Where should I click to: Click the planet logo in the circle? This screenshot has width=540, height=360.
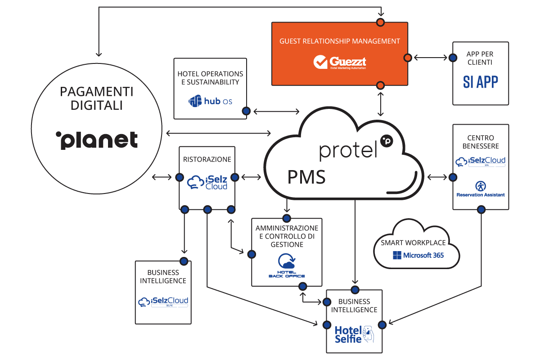pyautogui.click(x=97, y=140)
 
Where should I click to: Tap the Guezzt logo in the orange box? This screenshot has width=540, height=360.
pyautogui.click(x=340, y=62)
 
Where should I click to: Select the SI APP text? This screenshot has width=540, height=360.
pyautogui.click(x=481, y=81)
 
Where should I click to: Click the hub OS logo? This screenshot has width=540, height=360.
pyautogui.click(x=211, y=101)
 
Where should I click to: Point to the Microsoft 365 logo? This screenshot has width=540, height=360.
pyautogui.click(x=418, y=255)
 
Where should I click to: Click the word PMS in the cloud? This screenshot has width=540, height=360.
pyautogui.click(x=306, y=178)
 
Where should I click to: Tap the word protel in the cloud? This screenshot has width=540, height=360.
pyautogui.click(x=348, y=151)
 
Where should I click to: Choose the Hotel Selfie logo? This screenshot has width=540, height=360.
pyautogui.click(x=354, y=334)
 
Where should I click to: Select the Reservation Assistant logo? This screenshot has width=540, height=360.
pyautogui.click(x=481, y=189)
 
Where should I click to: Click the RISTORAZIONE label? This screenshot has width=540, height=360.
pyautogui.click(x=207, y=159)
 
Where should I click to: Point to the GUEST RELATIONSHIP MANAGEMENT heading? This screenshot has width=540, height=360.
pyautogui.click(x=340, y=41)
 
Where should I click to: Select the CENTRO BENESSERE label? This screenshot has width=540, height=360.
pyautogui.click(x=481, y=142)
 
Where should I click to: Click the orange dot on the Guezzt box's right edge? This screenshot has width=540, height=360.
pyautogui.click(x=407, y=58)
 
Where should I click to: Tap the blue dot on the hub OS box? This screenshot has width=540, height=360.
pyautogui.click(x=246, y=111)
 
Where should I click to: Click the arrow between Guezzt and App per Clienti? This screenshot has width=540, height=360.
pyautogui.click(x=430, y=58)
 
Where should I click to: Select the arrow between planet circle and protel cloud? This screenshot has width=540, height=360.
pyautogui.click(x=218, y=133)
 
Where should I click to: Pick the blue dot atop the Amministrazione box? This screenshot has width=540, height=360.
pyautogui.click(x=286, y=218)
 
